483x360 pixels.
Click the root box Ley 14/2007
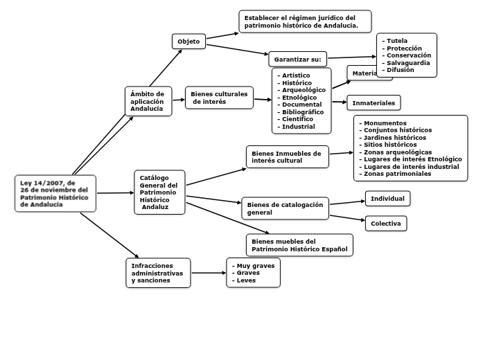(x=55, y=193)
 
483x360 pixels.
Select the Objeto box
(x=188, y=42)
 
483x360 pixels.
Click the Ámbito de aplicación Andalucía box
(x=148, y=101)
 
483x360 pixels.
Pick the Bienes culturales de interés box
(x=219, y=98)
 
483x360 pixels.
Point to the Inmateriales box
(x=374, y=103)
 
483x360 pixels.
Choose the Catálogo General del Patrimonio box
(x=159, y=192)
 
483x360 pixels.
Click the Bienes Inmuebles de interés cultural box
(x=287, y=156)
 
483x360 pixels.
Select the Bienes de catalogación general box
(x=285, y=208)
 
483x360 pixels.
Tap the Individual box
(x=387, y=199)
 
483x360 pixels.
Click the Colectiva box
(x=385, y=224)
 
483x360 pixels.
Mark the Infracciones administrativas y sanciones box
(x=158, y=273)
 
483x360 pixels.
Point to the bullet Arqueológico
(x=304, y=90)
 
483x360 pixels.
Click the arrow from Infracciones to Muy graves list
(x=209, y=273)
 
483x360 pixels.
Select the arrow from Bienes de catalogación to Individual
(x=347, y=203)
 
